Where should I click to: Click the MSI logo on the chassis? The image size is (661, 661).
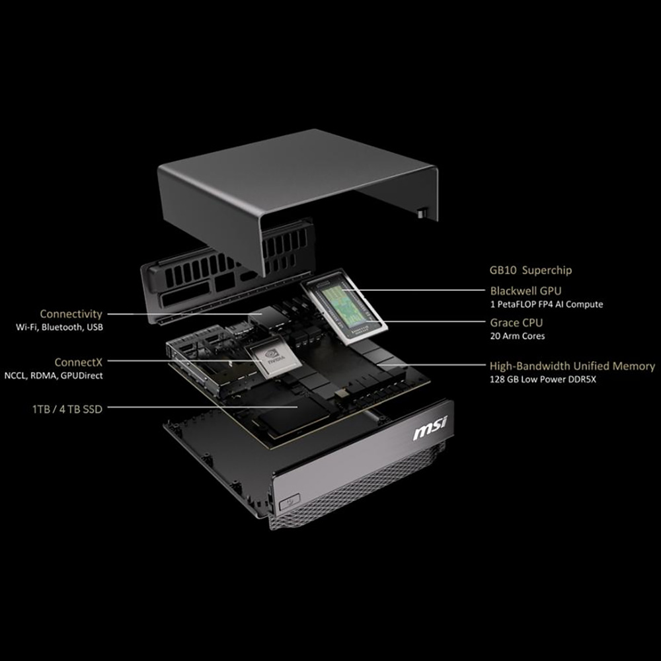[x=430, y=428]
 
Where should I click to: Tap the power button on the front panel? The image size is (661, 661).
[x=290, y=501]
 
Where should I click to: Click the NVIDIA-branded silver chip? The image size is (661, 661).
[x=274, y=358]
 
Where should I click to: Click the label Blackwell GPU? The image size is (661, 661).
[x=525, y=290]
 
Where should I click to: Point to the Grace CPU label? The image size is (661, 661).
[x=516, y=323]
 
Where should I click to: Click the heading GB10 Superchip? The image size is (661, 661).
[x=530, y=270]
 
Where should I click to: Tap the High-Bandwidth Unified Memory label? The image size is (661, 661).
[x=572, y=366]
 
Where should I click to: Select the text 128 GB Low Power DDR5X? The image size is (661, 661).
[x=543, y=379]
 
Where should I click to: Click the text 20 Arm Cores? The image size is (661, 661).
[x=518, y=336]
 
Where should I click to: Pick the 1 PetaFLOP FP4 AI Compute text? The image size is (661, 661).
[x=547, y=304]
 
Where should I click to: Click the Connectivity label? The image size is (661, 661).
[x=71, y=314]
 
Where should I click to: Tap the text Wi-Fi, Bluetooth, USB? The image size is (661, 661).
[x=59, y=327]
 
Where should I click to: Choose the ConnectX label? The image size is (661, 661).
[x=79, y=362]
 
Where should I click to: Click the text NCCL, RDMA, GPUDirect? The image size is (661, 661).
[x=54, y=375]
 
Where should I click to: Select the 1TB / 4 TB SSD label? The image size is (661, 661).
[x=67, y=409]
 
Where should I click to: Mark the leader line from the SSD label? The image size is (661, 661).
[x=203, y=407]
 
